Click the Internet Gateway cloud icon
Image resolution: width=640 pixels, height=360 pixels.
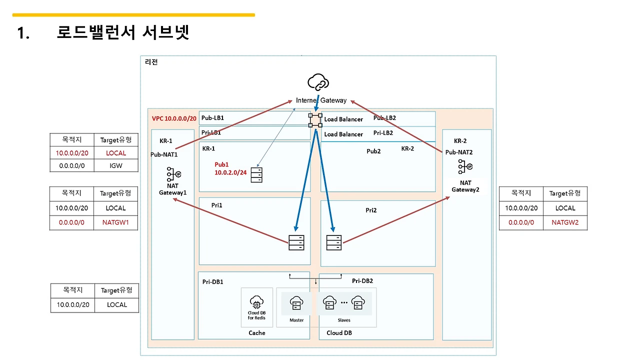pyautogui.click(x=318, y=82)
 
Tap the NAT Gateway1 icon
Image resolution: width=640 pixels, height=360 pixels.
pyautogui.click(x=173, y=174)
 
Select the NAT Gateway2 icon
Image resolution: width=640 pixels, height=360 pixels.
pyautogui.click(x=465, y=166)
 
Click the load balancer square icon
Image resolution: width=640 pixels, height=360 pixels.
pyautogui.click(x=315, y=120)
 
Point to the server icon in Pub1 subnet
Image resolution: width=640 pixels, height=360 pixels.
pyautogui.click(x=256, y=175)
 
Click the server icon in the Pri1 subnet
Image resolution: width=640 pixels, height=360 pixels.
pyautogui.click(x=296, y=242)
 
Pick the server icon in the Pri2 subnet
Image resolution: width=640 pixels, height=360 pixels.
pyautogui.click(x=334, y=242)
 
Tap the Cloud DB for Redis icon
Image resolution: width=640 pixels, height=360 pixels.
pyautogui.click(x=256, y=302)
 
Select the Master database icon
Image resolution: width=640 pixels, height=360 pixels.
pyautogui.click(x=296, y=303)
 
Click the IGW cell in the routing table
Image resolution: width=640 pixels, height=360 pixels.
pyautogui.click(x=115, y=165)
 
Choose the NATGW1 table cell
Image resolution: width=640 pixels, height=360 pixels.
pyautogui.click(x=115, y=222)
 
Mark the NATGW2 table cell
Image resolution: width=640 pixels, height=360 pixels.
pyautogui.click(x=565, y=222)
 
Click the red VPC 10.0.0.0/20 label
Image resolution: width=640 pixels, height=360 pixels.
pyautogui.click(x=174, y=118)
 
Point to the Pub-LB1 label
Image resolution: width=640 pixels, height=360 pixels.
pyautogui.click(x=212, y=117)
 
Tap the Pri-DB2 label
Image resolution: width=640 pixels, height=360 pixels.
pyautogui.click(x=362, y=281)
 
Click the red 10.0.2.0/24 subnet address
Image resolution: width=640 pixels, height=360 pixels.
pyautogui.click(x=230, y=172)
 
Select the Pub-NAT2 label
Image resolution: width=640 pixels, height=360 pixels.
pyautogui.click(x=459, y=152)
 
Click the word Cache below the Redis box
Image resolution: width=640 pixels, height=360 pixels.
pyautogui.click(x=257, y=333)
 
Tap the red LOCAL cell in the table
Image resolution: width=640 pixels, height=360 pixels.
pyautogui.click(x=115, y=153)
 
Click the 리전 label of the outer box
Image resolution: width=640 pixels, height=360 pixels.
pyautogui.click(x=151, y=62)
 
